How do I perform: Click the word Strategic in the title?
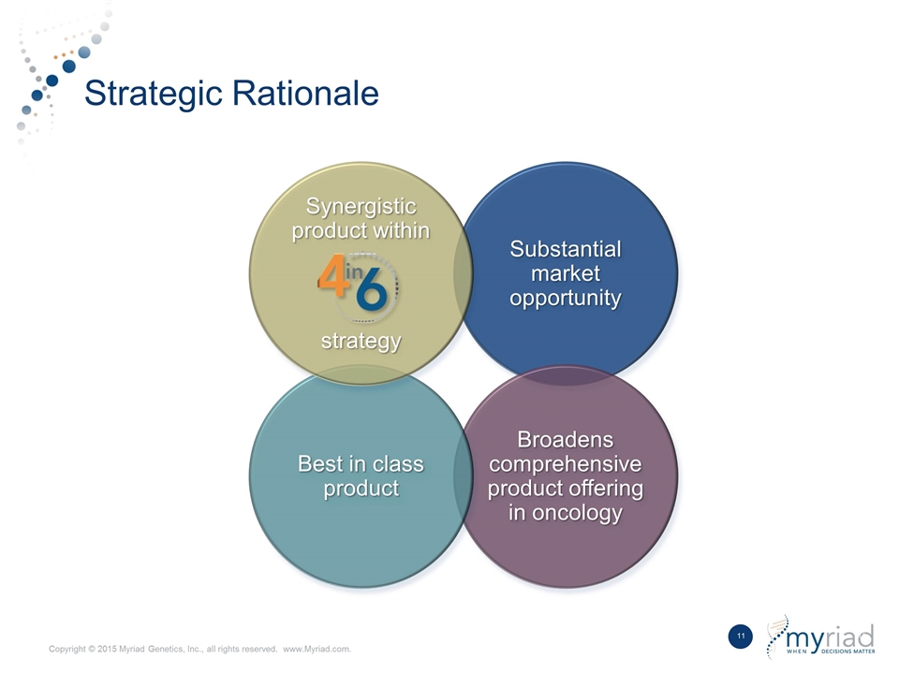coord(154,94)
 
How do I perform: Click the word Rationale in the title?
coord(305,93)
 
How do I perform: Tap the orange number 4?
coord(332,275)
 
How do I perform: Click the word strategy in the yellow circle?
coord(361,342)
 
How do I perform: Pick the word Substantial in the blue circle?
coord(566,249)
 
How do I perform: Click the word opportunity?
coord(566,299)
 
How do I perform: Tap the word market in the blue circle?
coord(566,273)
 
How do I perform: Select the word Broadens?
coord(566,440)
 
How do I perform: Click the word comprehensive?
coord(566,464)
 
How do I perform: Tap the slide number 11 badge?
coord(740,637)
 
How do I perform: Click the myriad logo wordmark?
coord(831,637)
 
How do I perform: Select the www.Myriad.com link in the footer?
coord(317,650)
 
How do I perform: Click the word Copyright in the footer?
coord(67,650)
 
